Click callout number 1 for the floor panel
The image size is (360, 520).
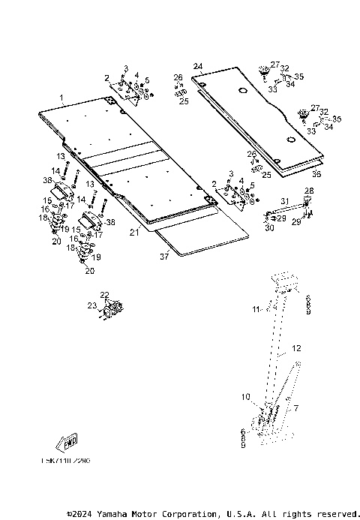click(x=61, y=99)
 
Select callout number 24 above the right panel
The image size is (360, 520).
click(x=197, y=67)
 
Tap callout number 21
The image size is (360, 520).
click(x=133, y=233)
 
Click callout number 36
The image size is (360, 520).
click(x=316, y=174)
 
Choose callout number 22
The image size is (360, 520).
click(x=105, y=295)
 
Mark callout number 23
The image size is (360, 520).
click(x=92, y=305)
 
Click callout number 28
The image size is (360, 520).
click(x=309, y=192)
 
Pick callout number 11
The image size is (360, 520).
click(x=255, y=308)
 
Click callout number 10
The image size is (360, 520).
click(x=244, y=396)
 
